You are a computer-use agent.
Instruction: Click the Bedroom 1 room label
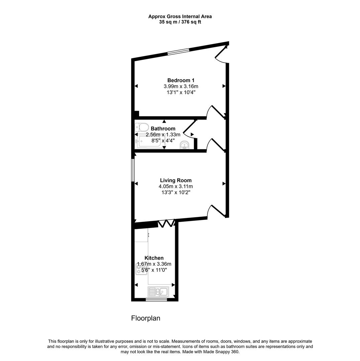[x=181, y=80]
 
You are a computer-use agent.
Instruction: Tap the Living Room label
[x=175, y=180]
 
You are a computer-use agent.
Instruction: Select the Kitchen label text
[x=154, y=258]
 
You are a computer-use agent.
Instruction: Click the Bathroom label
[x=163, y=129]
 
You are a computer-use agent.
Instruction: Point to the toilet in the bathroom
[x=142, y=127]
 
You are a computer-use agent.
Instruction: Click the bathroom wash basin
[x=184, y=145]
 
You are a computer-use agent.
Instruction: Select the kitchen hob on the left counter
[x=141, y=269]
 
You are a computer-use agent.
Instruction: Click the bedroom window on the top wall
[x=178, y=51]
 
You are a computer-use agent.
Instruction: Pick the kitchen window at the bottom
[x=156, y=300]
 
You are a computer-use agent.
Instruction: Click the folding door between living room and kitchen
[x=166, y=223]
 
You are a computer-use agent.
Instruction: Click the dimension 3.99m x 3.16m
[x=181, y=86]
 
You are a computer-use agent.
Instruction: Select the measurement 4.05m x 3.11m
[x=175, y=187]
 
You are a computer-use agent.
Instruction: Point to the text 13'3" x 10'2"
[x=175, y=192]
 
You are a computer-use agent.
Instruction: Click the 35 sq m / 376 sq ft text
[x=180, y=22]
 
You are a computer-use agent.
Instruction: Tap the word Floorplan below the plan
[x=145, y=318]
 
